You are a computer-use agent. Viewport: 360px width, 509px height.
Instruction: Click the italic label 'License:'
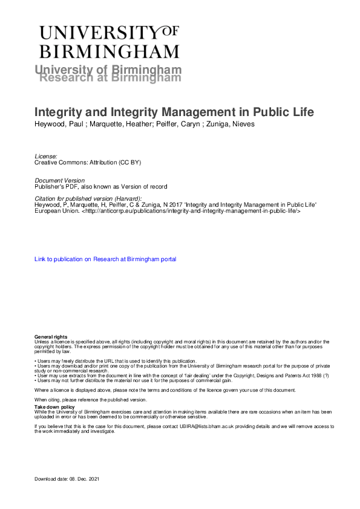46,156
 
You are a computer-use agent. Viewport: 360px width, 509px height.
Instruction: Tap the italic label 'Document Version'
60,180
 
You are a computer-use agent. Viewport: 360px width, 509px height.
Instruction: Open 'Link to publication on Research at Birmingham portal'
106,259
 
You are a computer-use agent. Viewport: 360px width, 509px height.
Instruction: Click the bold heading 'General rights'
51,336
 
